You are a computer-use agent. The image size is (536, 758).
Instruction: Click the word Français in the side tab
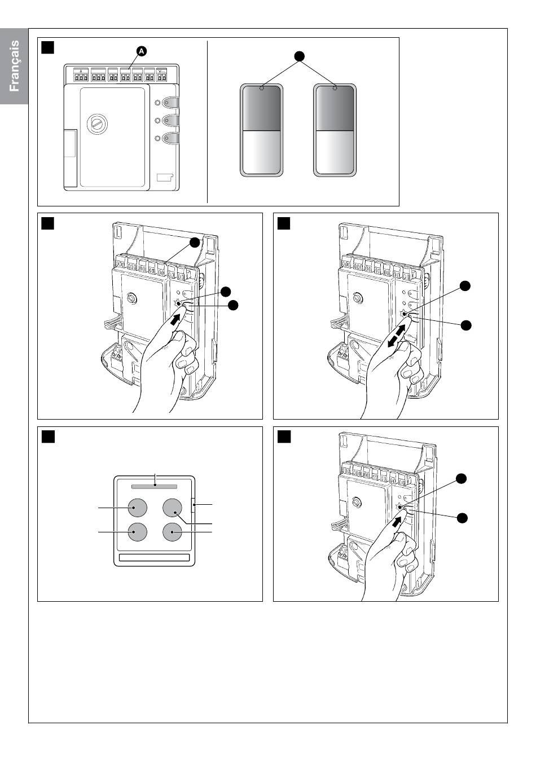click(14, 66)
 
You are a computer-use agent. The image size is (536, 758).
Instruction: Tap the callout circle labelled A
click(142, 51)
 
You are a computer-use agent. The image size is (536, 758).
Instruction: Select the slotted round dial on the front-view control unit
click(97, 124)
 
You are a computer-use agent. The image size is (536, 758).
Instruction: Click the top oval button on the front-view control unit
click(170, 102)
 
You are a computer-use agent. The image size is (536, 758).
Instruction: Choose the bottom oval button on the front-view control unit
click(170, 138)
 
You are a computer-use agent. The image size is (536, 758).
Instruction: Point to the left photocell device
click(261, 130)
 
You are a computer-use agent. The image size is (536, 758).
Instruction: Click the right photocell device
click(335, 130)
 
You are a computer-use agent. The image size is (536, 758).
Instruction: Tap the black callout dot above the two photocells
click(299, 56)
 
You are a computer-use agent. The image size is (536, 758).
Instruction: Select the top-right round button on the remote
click(172, 508)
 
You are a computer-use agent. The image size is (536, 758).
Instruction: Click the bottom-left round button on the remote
click(138, 532)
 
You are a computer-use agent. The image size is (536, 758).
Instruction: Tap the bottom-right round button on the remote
click(172, 532)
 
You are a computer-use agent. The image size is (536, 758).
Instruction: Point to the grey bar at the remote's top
click(154, 487)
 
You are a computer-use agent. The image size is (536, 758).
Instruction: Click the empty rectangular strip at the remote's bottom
click(154, 557)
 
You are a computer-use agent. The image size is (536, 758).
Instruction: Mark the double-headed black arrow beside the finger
click(396, 336)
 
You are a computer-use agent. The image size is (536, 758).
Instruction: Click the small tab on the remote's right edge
click(194, 505)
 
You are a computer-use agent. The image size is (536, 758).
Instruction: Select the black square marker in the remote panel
click(48, 437)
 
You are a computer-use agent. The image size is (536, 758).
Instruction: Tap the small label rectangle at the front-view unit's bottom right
click(165, 177)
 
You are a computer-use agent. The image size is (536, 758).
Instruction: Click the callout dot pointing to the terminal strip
click(194, 243)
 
